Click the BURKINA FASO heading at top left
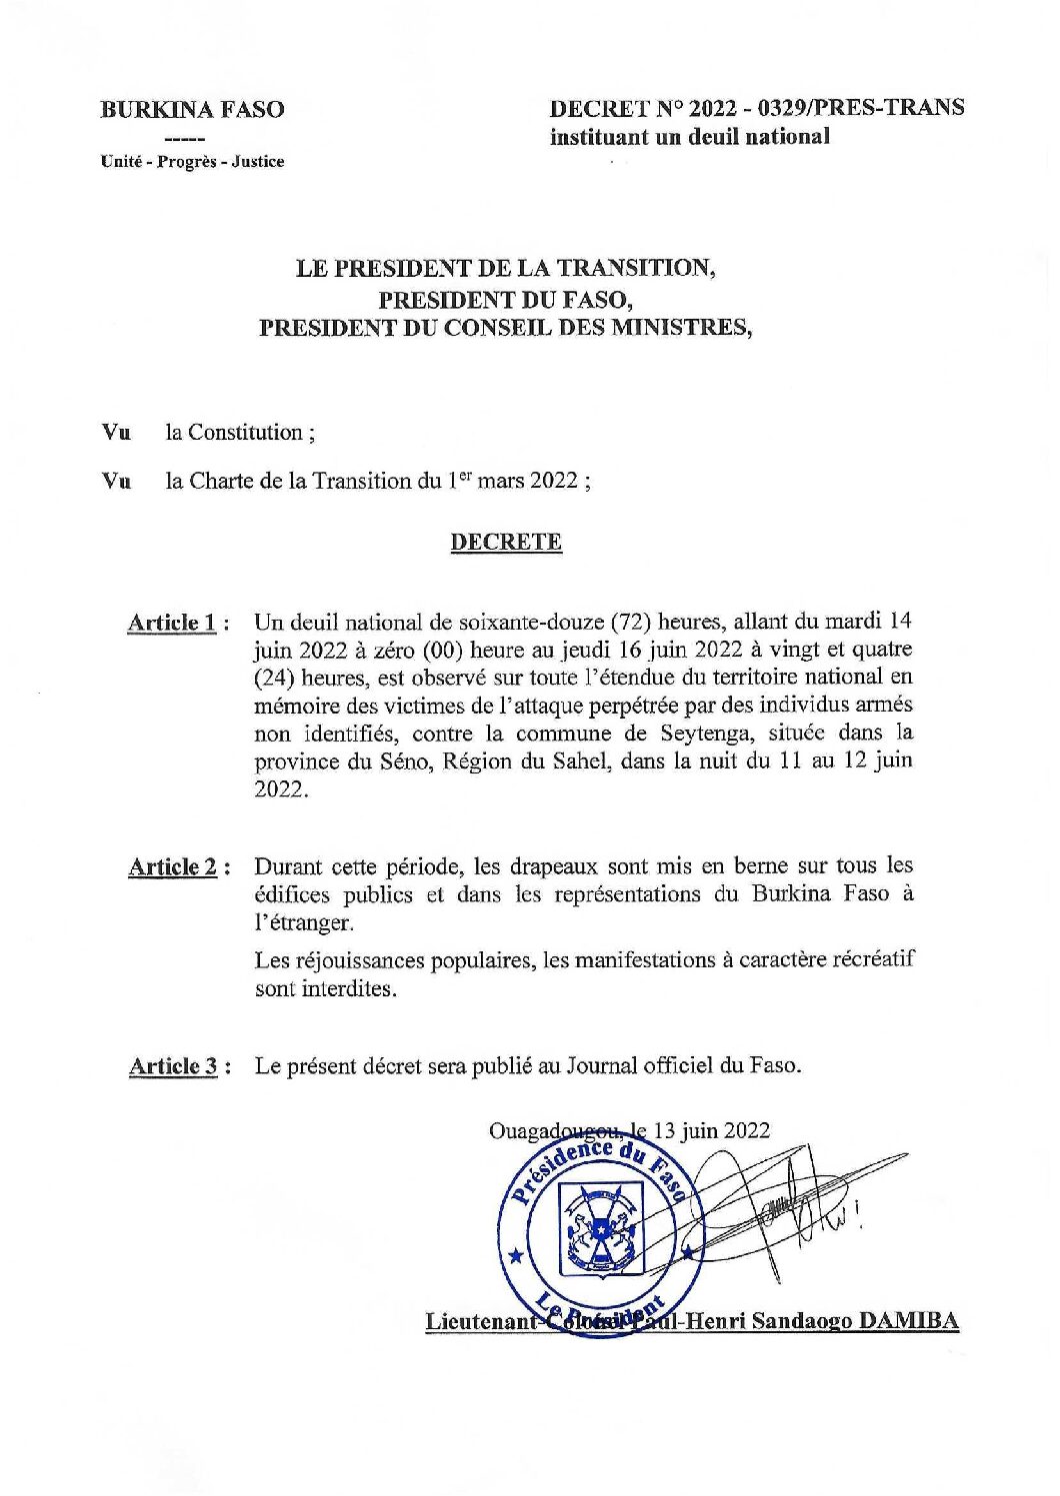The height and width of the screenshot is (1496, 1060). click(x=192, y=110)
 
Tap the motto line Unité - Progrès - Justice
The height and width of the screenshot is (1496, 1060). click(x=192, y=161)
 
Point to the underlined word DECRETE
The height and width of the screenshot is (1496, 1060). click(x=506, y=542)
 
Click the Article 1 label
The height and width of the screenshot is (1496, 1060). click(x=172, y=623)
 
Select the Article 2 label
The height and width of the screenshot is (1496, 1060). click(x=173, y=866)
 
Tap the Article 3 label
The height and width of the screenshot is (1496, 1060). click(x=173, y=1066)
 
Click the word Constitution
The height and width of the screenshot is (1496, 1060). click(x=245, y=433)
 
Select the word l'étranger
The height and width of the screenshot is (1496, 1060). click(x=304, y=921)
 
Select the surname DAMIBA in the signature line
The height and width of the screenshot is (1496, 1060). click(x=909, y=1321)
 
